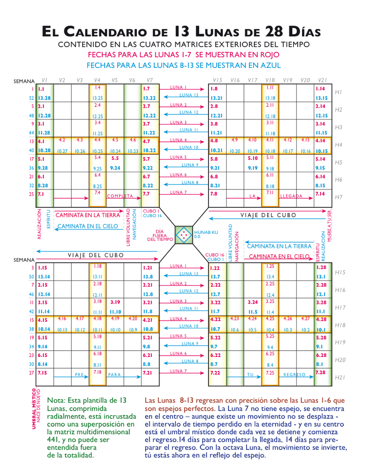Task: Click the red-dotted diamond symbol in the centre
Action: (x=184, y=235)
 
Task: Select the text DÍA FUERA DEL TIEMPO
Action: (x=160, y=235)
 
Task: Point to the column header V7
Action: (x=149, y=80)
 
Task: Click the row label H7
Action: (x=338, y=197)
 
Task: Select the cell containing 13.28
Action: (x=45, y=98)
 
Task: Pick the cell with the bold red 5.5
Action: (x=115, y=158)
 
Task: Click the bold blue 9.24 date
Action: (x=115, y=168)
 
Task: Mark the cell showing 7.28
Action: (x=320, y=372)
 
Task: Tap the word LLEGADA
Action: (x=291, y=196)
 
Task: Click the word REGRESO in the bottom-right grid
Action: (x=294, y=374)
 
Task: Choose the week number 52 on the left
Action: (x=32, y=98)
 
